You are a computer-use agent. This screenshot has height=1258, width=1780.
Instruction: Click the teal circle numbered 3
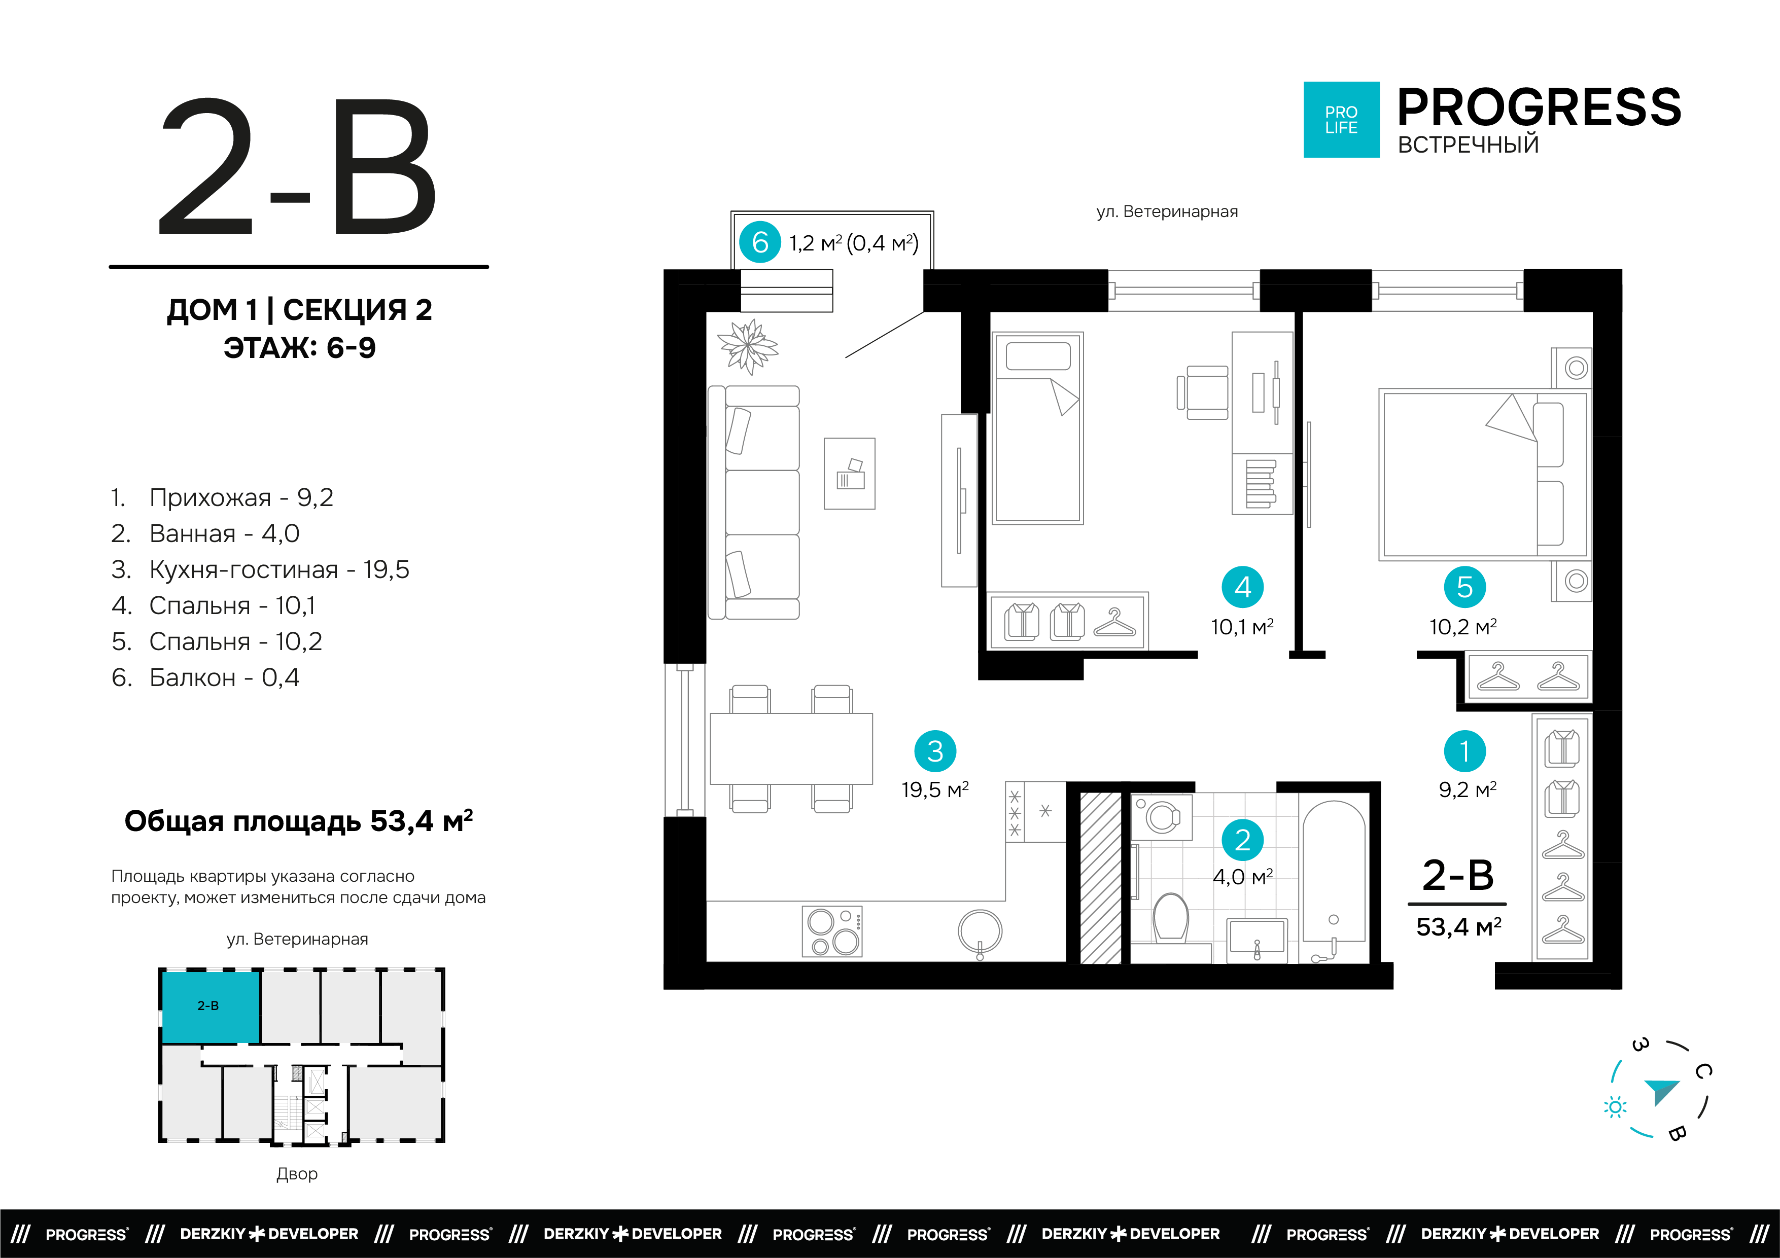click(x=935, y=750)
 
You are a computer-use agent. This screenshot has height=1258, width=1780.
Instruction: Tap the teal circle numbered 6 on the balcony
click(x=760, y=242)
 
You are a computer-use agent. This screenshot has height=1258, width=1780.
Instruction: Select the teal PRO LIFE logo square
click(x=1341, y=119)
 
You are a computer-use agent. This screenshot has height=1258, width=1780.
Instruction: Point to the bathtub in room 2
click(x=1334, y=881)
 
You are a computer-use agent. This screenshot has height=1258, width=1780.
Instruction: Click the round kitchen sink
click(x=980, y=932)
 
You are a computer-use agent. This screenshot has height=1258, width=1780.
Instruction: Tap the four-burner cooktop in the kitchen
click(x=832, y=931)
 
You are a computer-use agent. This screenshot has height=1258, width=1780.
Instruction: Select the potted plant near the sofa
click(x=747, y=346)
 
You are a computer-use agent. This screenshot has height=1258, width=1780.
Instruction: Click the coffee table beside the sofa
click(x=850, y=474)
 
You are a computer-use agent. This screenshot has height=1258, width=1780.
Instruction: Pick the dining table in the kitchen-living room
click(x=791, y=749)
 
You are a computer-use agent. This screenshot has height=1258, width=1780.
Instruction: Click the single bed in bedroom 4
click(x=1038, y=428)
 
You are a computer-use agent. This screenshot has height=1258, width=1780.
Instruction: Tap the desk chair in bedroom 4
click(x=1203, y=392)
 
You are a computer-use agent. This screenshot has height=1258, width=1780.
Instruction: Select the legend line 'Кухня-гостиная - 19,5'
click(x=260, y=570)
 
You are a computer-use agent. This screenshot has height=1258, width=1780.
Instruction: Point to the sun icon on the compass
click(x=1616, y=1107)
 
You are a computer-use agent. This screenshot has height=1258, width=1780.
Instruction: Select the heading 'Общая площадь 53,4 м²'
click(x=298, y=821)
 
